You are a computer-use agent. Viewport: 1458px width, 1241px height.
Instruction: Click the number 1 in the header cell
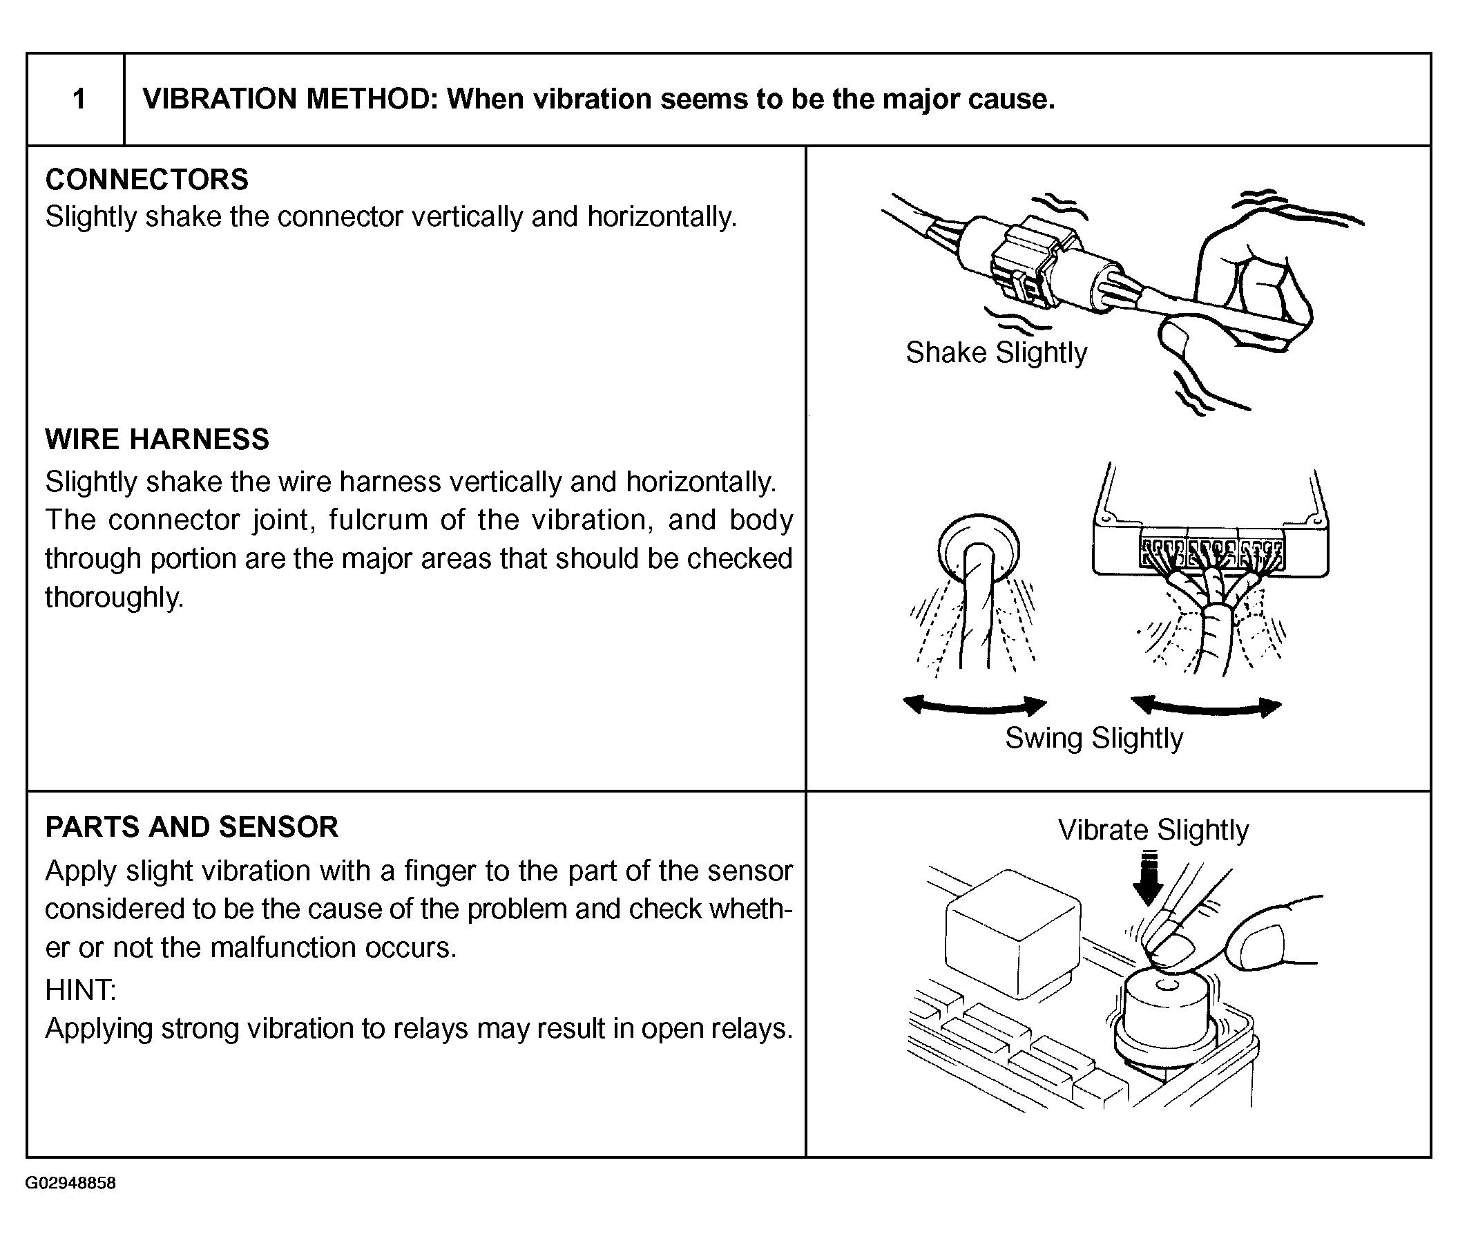[x=79, y=100]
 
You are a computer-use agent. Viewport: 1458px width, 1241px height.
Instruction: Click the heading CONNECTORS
[x=146, y=180]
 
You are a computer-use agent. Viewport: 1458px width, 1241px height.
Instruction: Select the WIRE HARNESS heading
[x=157, y=439]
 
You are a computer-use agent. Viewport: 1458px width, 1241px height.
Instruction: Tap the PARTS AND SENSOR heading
[x=191, y=827]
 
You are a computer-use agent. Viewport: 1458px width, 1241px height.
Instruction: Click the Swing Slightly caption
[x=1094, y=739]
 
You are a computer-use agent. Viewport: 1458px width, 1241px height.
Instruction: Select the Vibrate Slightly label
[x=1153, y=830]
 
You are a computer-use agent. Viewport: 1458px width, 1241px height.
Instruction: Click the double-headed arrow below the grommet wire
[x=975, y=705]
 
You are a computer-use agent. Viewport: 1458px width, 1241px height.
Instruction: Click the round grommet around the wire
[x=978, y=549]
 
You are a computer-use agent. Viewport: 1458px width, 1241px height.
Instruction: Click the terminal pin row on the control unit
[x=1211, y=552]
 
